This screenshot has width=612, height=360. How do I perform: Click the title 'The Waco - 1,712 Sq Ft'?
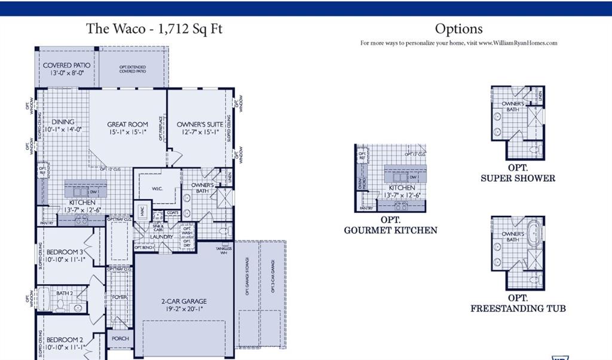[154, 29]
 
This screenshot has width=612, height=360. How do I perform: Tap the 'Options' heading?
[458, 29]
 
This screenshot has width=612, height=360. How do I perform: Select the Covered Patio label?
[66, 65]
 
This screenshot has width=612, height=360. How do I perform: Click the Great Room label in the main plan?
[127, 124]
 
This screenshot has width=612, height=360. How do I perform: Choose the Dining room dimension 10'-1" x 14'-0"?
[63, 129]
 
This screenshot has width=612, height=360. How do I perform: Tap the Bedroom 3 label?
[65, 252]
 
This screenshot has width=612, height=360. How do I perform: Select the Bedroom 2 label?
[65, 339]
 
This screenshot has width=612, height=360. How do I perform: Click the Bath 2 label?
[64, 293]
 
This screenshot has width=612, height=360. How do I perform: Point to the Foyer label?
[120, 297]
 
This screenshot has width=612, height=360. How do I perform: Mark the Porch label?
[120, 338]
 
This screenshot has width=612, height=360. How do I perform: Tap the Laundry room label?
[161, 237]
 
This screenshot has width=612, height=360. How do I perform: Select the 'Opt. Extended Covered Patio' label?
[132, 69]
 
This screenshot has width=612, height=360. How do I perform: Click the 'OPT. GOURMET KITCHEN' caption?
[390, 225]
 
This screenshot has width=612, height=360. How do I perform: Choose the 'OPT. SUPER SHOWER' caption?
[518, 173]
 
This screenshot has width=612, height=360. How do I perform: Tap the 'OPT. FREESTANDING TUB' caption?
[518, 303]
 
